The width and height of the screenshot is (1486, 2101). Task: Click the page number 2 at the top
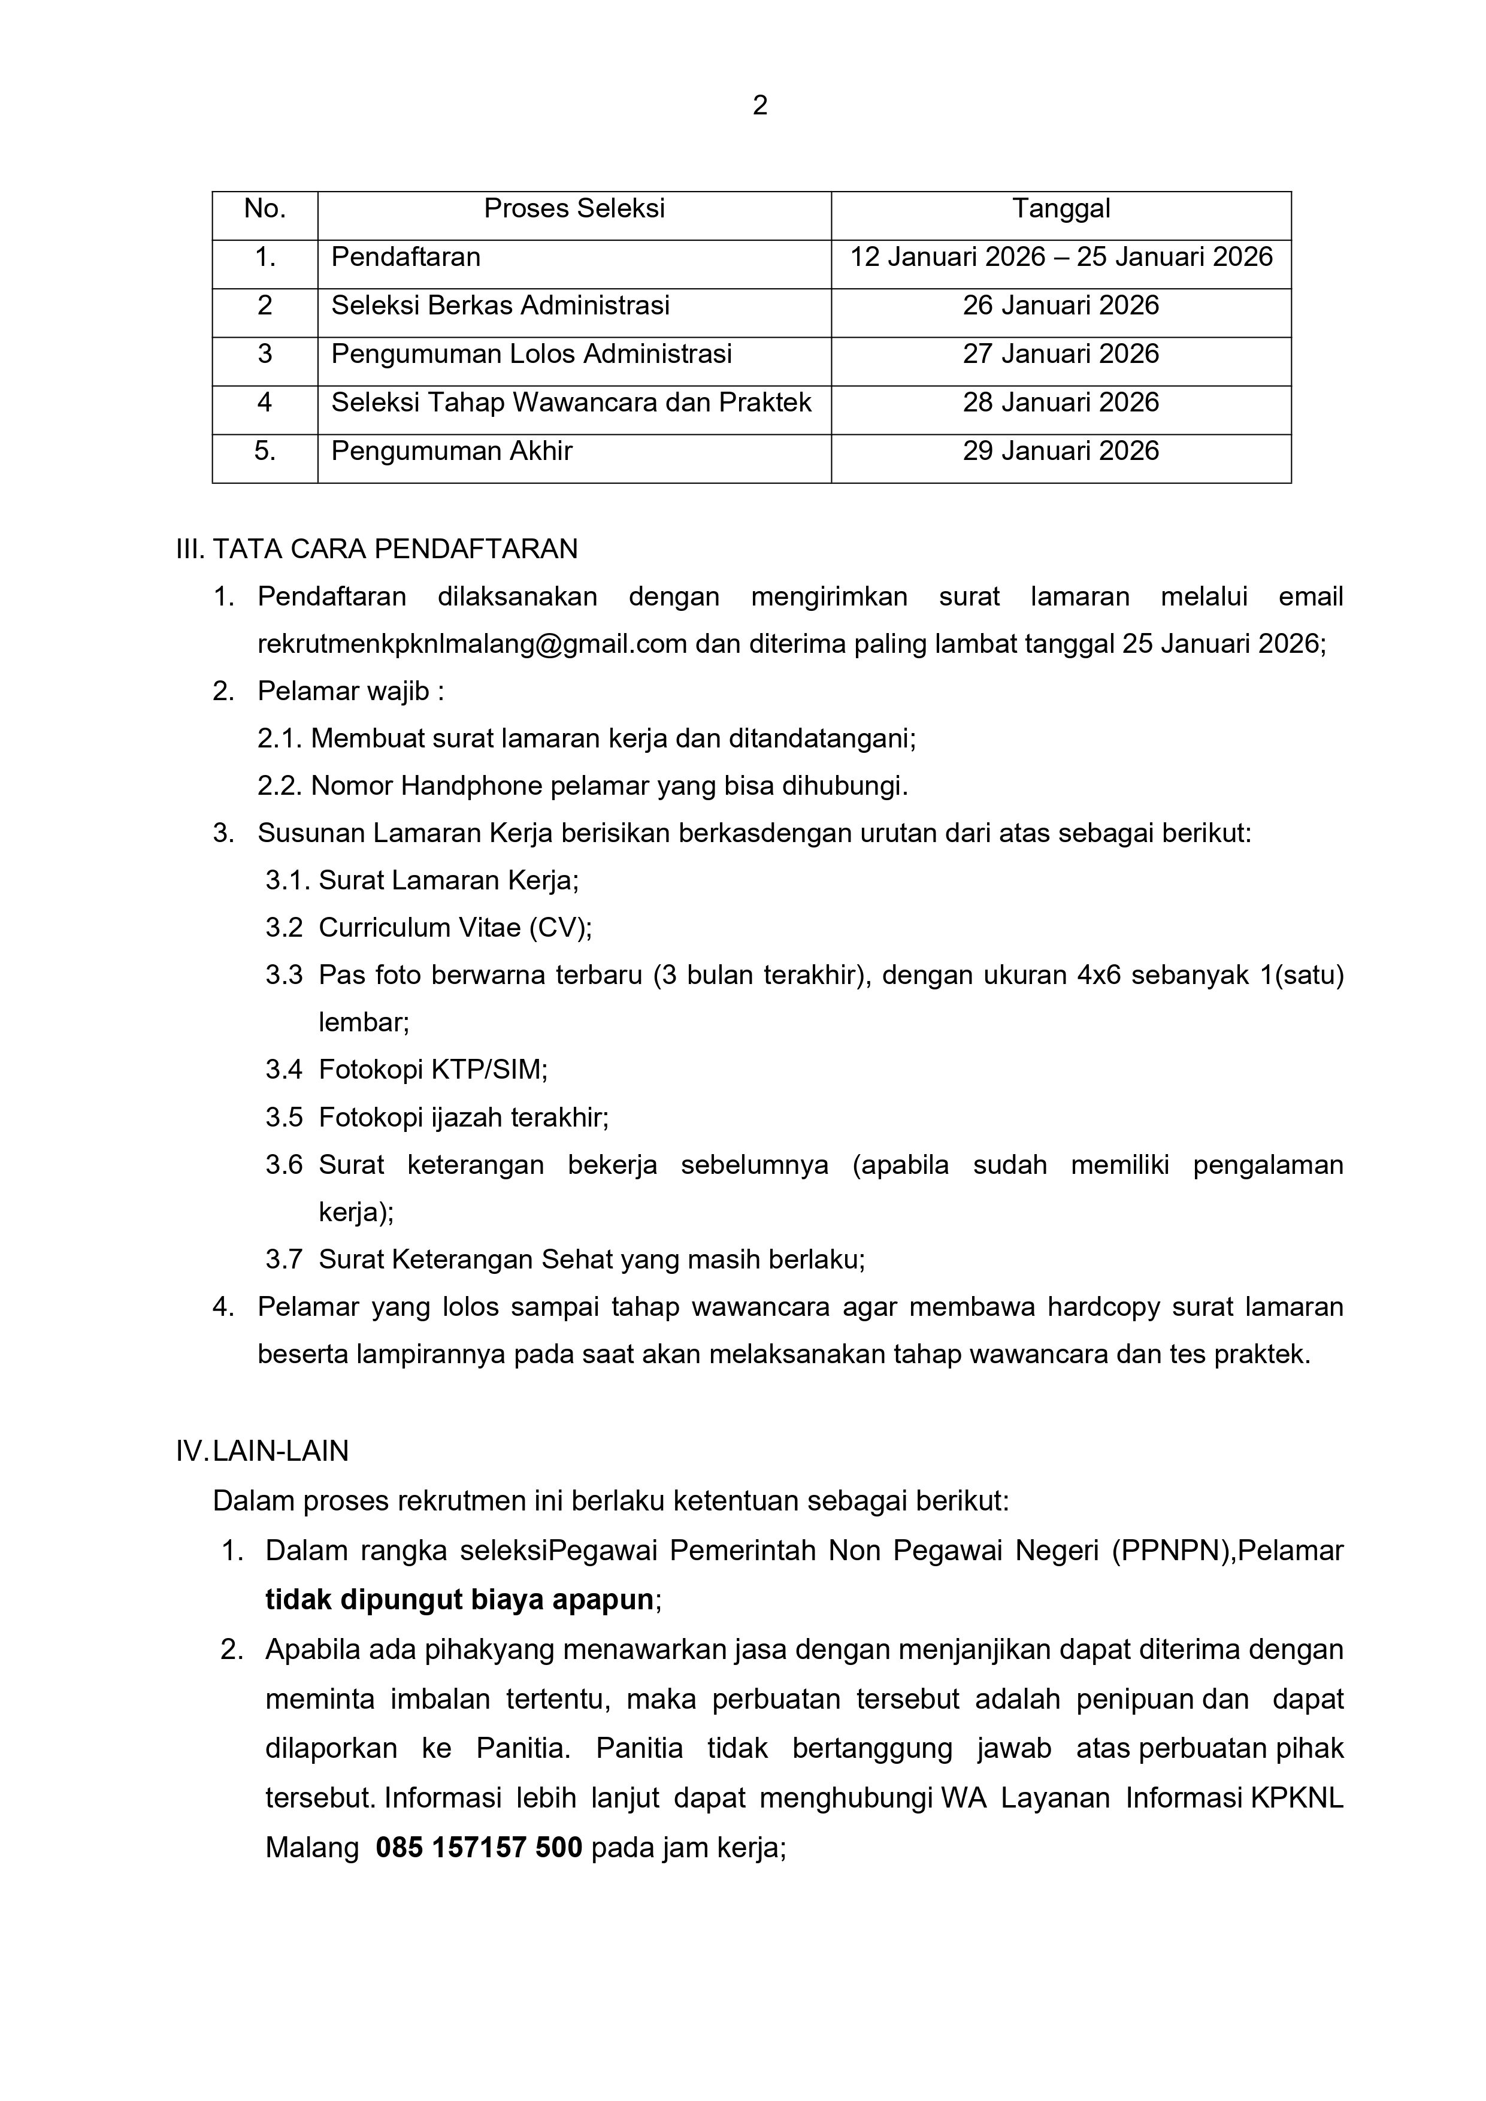coord(759,106)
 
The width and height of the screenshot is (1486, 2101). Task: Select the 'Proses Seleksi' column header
coord(574,208)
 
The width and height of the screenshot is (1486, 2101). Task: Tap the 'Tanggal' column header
coord(1061,208)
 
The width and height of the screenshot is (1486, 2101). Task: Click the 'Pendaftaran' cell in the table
coord(405,257)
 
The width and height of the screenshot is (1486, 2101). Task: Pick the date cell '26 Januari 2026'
coord(1061,305)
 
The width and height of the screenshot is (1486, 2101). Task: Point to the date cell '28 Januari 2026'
coord(1061,402)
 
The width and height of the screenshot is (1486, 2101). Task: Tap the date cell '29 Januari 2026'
coord(1061,451)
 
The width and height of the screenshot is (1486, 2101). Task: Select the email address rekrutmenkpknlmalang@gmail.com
coord(472,644)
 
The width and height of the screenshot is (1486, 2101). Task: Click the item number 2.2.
coord(279,786)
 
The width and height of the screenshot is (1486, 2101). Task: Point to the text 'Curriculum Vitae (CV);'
coord(455,928)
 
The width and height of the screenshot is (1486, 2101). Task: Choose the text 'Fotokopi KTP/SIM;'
coord(433,1070)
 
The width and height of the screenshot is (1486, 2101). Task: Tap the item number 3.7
coord(284,1260)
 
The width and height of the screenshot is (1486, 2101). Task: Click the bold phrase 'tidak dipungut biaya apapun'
coord(459,1600)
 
